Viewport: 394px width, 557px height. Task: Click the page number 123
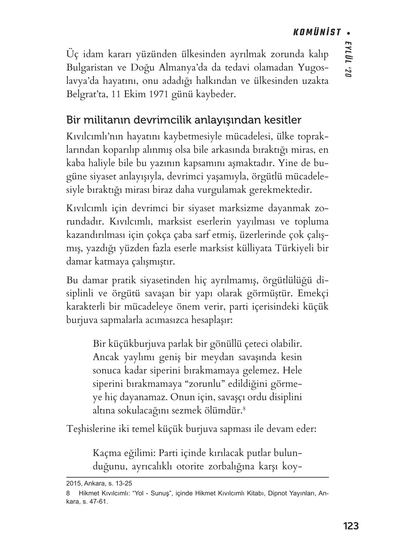(351, 526)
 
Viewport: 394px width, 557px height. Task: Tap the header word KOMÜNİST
(316, 32)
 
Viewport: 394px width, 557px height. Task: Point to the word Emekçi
(313, 294)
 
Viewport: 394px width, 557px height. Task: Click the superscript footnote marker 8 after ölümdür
(244, 408)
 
